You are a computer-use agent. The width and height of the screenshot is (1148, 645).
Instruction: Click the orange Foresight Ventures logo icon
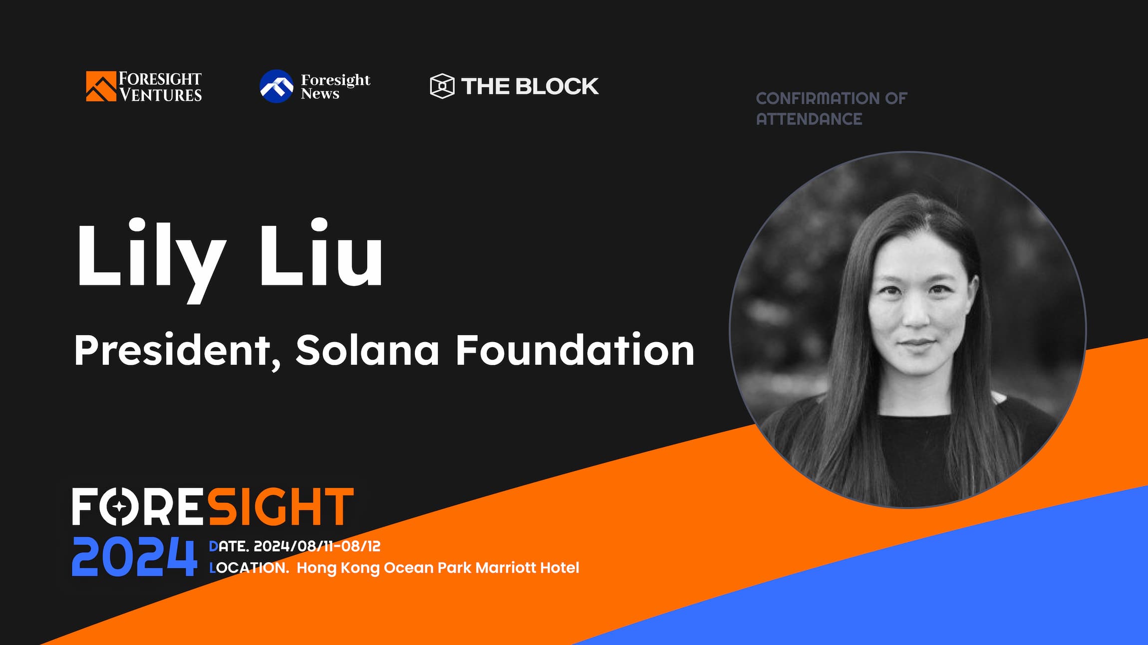tap(100, 86)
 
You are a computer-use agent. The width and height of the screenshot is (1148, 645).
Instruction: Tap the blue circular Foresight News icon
tap(277, 86)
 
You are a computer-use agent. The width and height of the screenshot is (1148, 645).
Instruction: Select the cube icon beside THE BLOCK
tap(442, 86)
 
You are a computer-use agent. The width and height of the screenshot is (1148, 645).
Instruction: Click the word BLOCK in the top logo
tap(557, 86)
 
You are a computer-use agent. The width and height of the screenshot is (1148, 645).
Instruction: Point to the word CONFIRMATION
tap(818, 98)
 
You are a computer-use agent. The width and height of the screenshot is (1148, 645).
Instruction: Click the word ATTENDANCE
tap(809, 119)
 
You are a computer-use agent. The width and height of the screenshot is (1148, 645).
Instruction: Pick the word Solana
tap(367, 351)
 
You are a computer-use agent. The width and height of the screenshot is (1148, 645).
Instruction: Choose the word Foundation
tap(574, 351)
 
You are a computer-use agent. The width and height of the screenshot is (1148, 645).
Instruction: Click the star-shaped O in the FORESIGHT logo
tap(119, 507)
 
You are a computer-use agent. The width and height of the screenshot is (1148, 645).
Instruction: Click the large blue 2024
tap(134, 557)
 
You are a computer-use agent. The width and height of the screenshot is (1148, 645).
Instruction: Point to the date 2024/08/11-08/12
tap(317, 546)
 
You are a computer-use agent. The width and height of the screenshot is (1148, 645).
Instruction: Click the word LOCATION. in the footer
tap(249, 568)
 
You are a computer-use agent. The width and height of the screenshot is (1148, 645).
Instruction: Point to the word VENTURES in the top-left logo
tap(160, 95)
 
